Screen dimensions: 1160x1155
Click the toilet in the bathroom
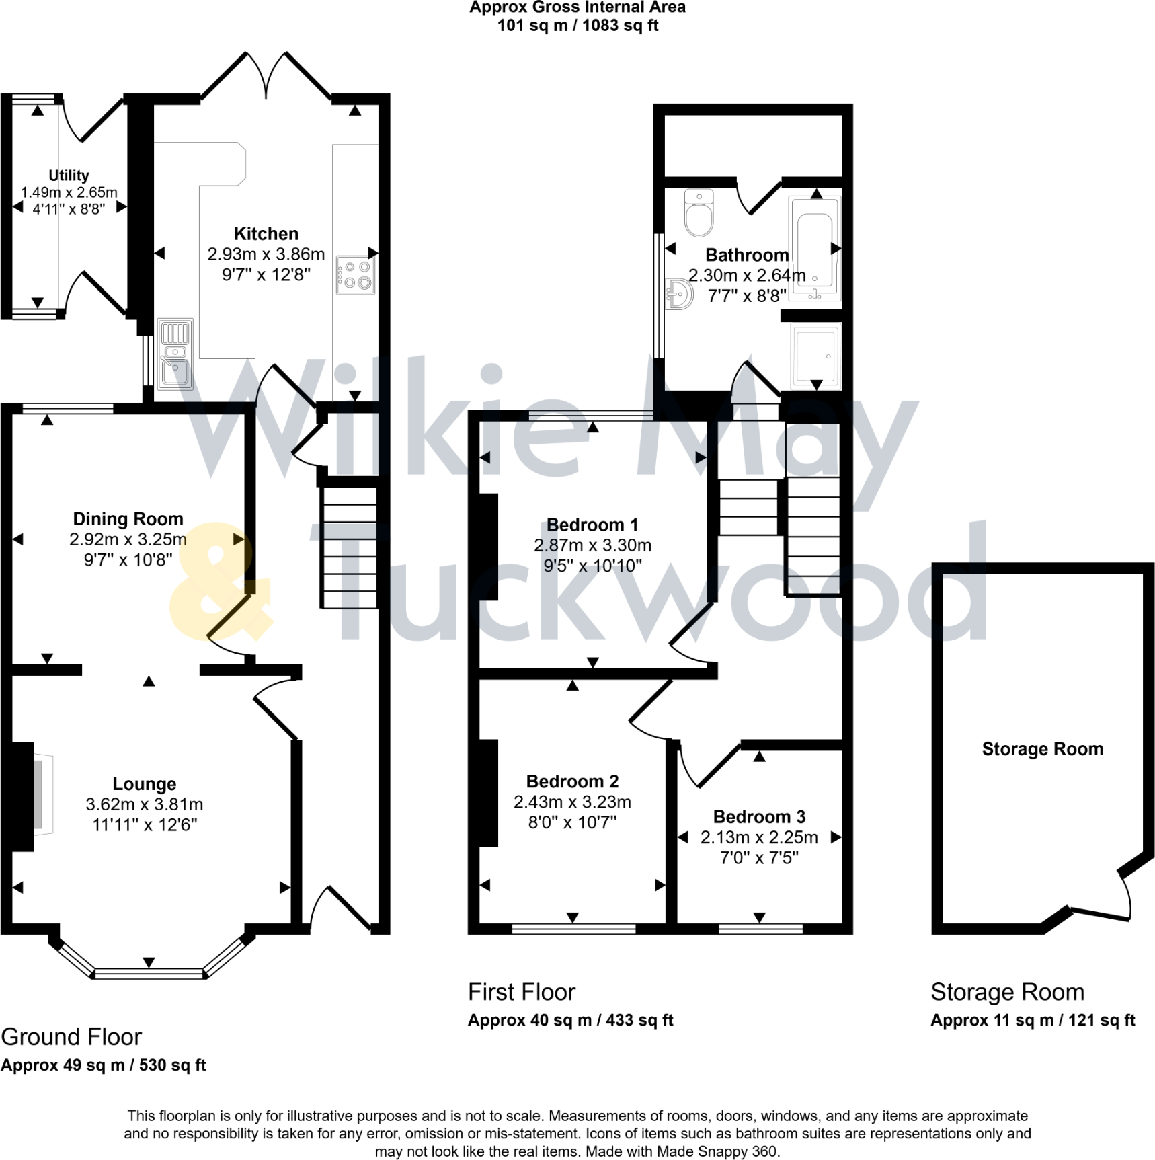[x=699, y=214]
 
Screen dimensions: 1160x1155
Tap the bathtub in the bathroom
[x=815, y=248]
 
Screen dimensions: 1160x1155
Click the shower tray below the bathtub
[x=815, y=356]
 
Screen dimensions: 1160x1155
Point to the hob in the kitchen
[x=356, y=275]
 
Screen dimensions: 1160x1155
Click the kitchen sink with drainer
[x=175, y=354]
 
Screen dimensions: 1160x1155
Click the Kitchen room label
[x=266, y=234]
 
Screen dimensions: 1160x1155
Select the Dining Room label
[x=128, y=519]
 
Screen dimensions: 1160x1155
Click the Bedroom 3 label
[x=759, y=816]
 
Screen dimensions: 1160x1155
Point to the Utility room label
[x=69, y=176]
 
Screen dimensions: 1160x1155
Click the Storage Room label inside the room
[x=1042, y=749]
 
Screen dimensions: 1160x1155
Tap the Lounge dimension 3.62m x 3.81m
[x=144, y=804]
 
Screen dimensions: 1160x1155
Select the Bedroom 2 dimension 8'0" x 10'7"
[x=572, y=822]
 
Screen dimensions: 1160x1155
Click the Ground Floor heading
[x=71, y=1037]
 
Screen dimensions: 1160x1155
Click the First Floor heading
[x=522, y=992]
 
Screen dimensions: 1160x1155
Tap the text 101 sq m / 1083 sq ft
[x=577, y=26]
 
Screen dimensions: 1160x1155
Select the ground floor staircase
[x=349, y=547]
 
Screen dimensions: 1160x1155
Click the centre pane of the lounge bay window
[x=149, y=973]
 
